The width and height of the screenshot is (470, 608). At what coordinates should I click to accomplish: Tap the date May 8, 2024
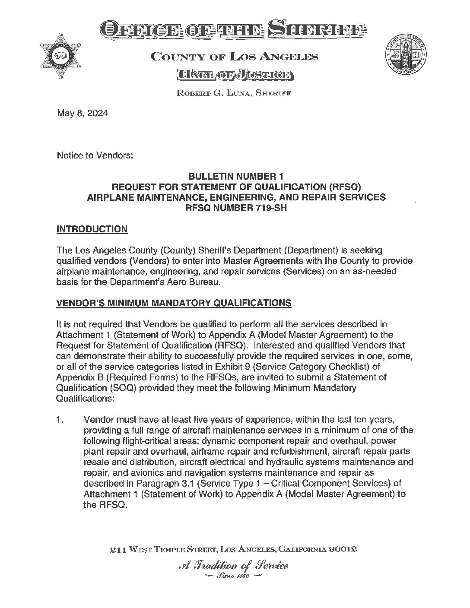coord(82,114)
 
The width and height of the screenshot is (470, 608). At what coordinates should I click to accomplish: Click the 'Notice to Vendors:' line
coord(95,155)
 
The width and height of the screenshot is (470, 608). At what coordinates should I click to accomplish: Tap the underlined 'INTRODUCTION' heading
coord(92,229)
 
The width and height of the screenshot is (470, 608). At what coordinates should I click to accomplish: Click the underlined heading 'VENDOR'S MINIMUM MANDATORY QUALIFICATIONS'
coord(174,303)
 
